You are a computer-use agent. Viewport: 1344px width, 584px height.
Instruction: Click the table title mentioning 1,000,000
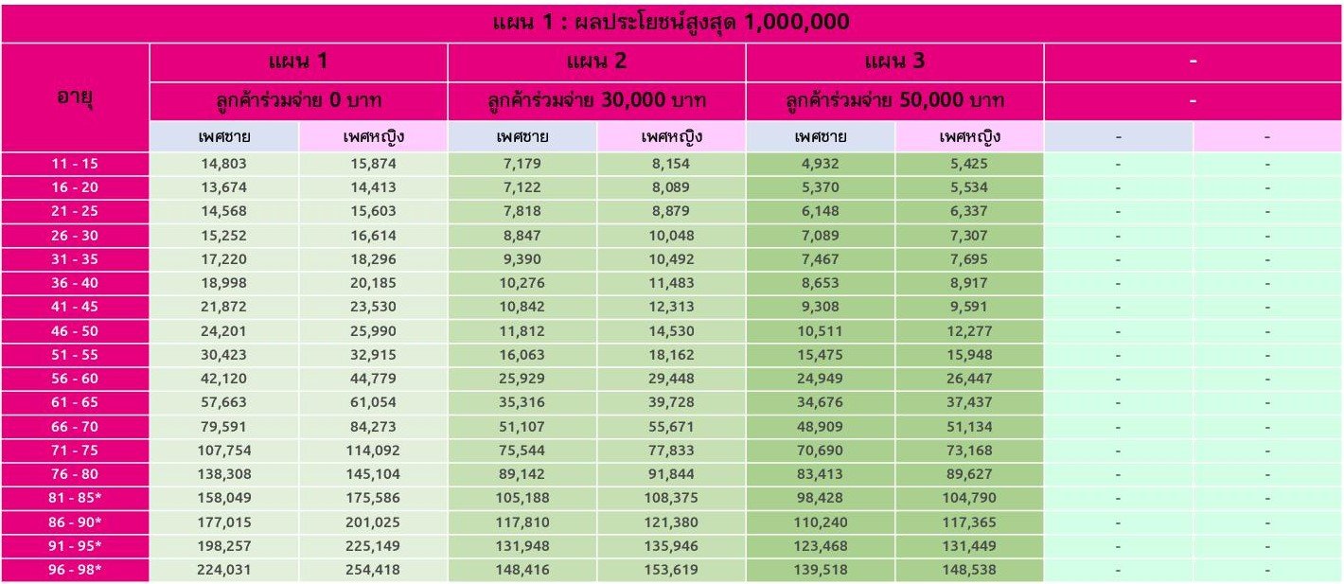[671, 22]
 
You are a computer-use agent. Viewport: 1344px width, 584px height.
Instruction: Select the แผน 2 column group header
[596, 62]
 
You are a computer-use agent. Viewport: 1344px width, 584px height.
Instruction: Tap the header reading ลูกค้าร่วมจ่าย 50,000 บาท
[895, 100]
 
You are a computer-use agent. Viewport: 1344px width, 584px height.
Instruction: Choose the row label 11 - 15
[75, 164]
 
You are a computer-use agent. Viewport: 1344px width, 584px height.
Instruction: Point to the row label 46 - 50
[75, 331]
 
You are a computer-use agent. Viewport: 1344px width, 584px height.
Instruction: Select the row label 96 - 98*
[75, 570]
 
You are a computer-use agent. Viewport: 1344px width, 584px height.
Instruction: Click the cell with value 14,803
[224, 164]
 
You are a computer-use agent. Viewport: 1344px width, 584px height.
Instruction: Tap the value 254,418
[373, 570]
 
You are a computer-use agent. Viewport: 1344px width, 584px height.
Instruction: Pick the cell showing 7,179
[522, 164]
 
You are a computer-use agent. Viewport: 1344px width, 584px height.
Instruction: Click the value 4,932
[821, 164]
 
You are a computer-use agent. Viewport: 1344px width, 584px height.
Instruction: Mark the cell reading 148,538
[969, 570]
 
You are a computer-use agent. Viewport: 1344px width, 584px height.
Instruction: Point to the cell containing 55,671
[671, 427]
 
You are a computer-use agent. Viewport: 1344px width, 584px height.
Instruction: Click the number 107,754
[224, 451]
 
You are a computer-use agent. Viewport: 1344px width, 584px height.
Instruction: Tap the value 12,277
[969, 331]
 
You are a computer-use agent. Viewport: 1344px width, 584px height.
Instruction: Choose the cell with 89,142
[522, 474]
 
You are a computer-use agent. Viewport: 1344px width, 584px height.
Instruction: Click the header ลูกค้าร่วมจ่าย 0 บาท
[298, 100]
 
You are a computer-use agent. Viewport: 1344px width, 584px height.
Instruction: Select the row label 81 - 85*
[75, 498]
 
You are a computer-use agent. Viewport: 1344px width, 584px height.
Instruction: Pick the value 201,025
[373, 522]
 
